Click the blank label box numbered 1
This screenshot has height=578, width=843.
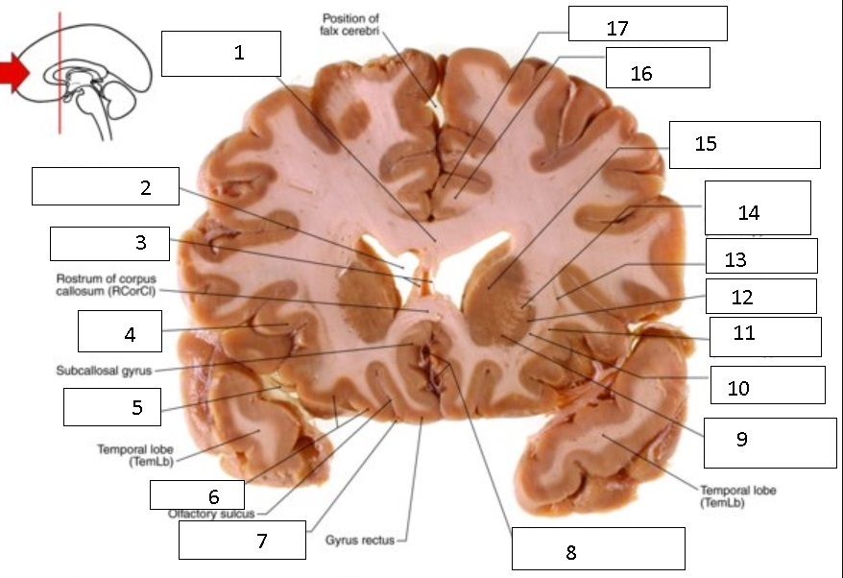click(x=221, y=53)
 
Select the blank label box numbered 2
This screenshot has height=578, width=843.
click(x=106, y=186)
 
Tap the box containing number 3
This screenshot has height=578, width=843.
click(x=109, y=243)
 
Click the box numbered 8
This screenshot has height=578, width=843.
click(x=597, y=549)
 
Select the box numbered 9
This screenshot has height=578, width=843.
click(x=769, y=442)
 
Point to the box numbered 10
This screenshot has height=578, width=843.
click(x=767, y=385)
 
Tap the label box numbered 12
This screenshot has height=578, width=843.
click(x=760, y=297)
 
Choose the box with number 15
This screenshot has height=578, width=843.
click(x=744, y=145)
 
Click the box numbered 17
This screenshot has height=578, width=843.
click(x=647, y=24)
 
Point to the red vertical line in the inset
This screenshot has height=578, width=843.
click(x=60, y=72)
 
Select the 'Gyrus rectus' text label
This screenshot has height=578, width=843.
click(x=360, y=540)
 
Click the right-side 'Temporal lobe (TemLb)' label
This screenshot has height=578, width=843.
click(x=737, y=495)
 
